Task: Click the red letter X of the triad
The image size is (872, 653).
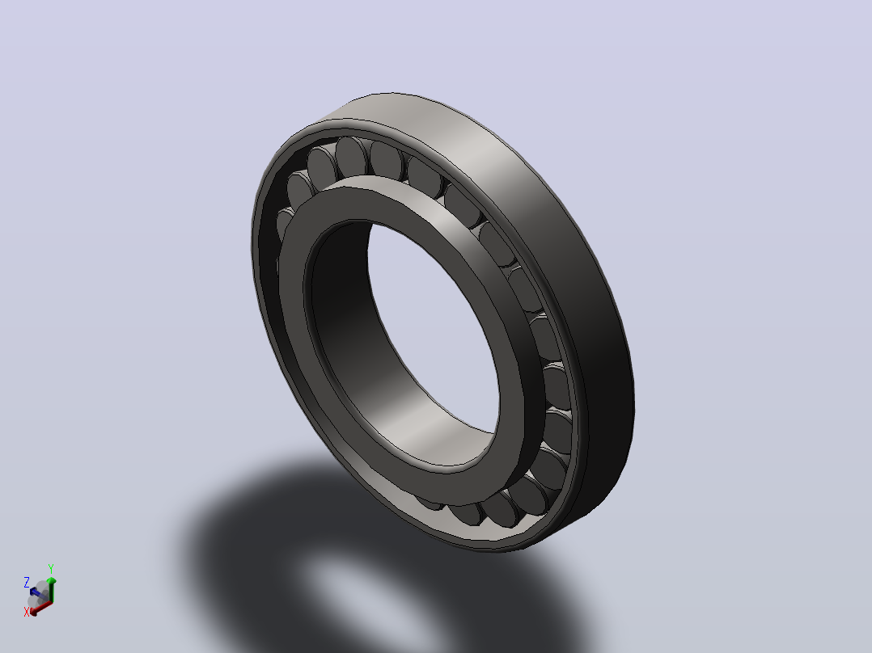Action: coord(26,613)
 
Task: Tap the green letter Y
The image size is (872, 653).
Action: coord(51,569)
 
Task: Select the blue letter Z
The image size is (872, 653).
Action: coord(26,583)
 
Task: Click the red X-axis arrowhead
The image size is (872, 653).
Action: coord(34,611)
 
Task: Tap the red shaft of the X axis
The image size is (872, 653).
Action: coord(44,606)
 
